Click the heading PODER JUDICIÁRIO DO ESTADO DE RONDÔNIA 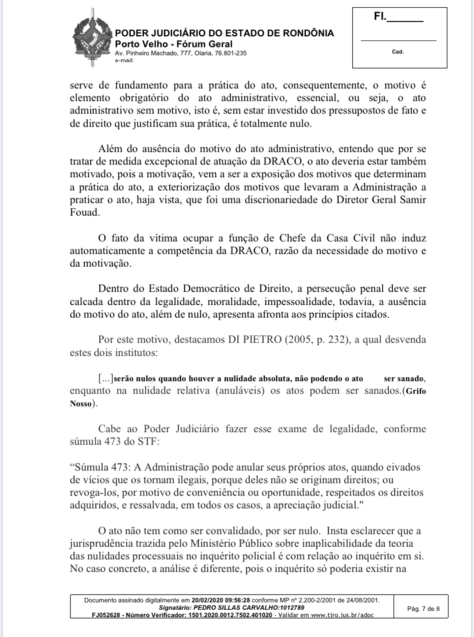pyautogui.click(x=224, y=34)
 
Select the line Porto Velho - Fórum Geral pyautogui.click(x=166, y=44)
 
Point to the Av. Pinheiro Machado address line pyautogui.click(x=180, y=53)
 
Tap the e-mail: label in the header pyautogui.click(x=121, y=59)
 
